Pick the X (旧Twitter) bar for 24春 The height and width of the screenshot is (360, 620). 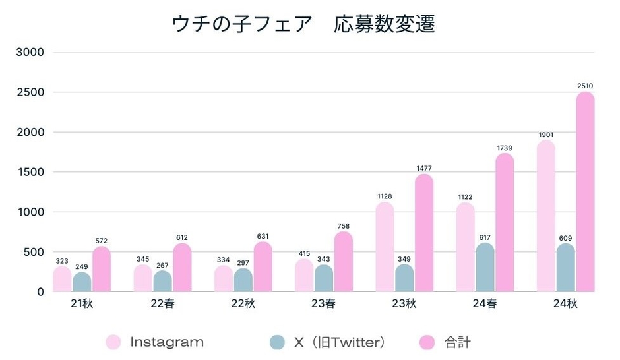(485, 268)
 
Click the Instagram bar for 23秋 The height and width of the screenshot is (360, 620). (385, 247)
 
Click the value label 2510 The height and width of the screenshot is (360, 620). (585, 86)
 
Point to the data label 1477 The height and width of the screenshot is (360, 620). (423, 169)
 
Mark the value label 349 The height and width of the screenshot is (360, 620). (404, 258)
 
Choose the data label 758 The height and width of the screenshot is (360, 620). (343, 226)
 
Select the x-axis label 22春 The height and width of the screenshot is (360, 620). (163, 304)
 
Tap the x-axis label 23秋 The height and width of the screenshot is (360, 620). (404, 304)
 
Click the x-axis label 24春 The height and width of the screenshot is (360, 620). (485, 304)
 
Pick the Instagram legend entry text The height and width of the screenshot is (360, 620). (167, 342)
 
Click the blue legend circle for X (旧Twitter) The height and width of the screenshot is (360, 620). (278, 342)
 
